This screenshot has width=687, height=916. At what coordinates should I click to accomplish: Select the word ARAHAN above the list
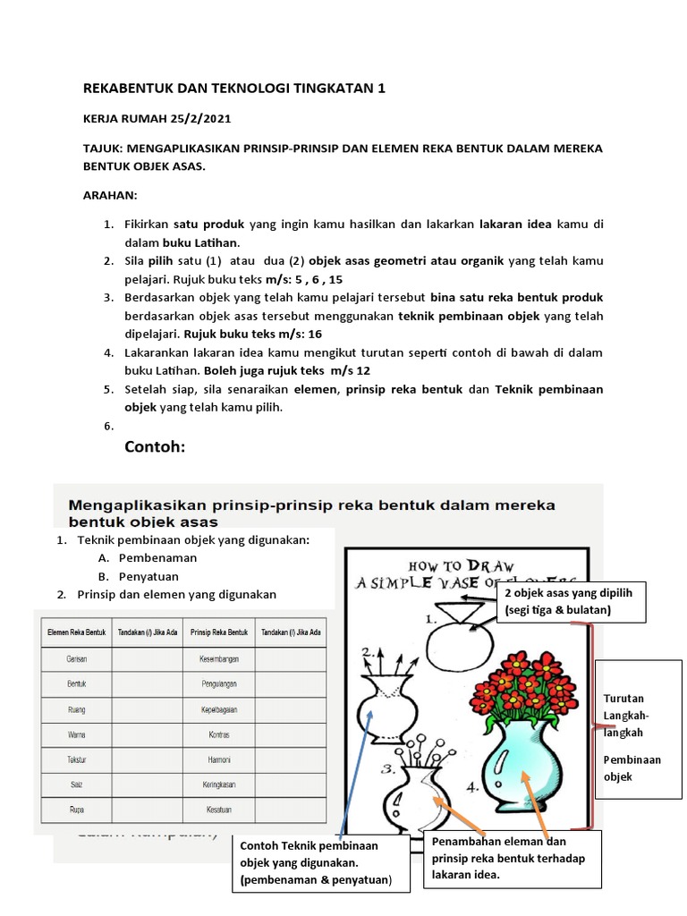[111, 195]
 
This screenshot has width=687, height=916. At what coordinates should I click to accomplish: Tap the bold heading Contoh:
[155, 445]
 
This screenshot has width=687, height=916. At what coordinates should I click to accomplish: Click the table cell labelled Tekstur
[76, 759]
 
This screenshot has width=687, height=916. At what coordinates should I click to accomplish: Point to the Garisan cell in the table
[76, 658]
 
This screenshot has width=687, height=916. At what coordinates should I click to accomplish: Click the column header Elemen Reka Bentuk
[76, 632]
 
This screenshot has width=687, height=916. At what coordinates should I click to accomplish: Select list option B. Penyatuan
[145, 575]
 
